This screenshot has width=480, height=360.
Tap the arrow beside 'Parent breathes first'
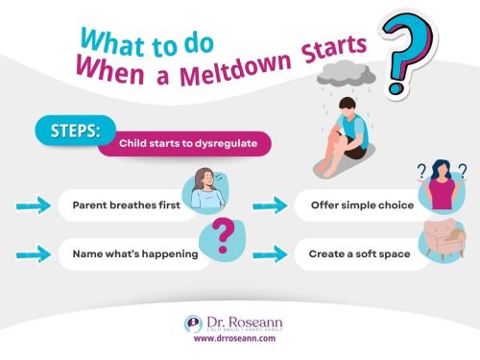tap(34, 204)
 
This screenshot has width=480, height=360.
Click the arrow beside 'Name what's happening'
tap(34, 254)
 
